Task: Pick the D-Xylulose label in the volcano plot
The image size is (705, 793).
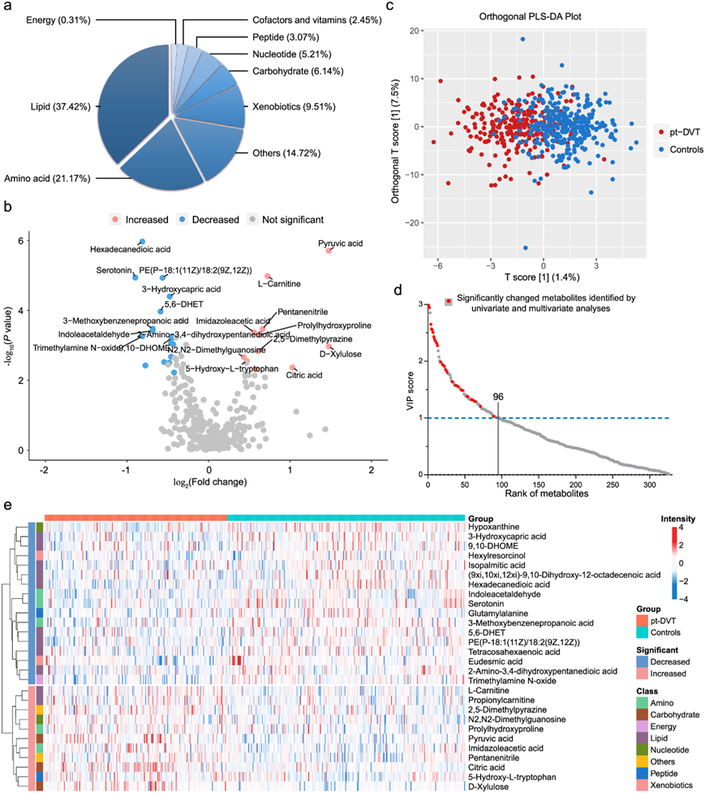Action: coord(341,354)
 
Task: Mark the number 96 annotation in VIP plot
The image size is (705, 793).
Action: coord(498,399)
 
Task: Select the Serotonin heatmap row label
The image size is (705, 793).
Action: coord(489,603)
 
